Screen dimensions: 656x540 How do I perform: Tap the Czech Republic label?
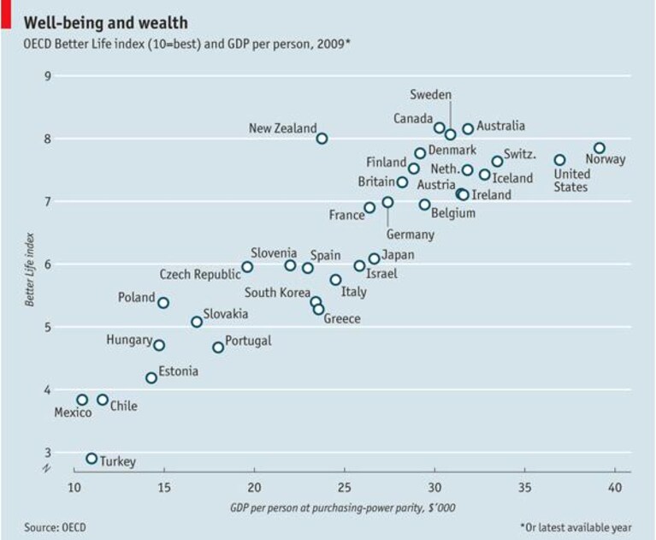pos(200,275)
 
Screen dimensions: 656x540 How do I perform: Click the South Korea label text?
pos(277,293)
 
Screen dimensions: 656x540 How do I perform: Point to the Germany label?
pos(410,234)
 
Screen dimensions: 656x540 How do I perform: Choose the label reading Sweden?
pos(430,95)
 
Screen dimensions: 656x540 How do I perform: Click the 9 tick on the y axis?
pos(48,76)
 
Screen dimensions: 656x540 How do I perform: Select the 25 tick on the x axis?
pos(345,488)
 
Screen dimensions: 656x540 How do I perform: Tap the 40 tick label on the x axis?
pos(615,488)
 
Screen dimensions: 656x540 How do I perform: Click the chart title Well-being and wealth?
pos(105,22)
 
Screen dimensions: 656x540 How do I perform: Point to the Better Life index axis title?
pos(29,270)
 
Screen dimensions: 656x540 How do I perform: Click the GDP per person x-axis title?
pos(343,507)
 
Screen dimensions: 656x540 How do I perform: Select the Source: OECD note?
pos(55,527)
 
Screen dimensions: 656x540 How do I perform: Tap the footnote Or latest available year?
pos(576,527)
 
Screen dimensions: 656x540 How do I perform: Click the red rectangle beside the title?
pos(6,15)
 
